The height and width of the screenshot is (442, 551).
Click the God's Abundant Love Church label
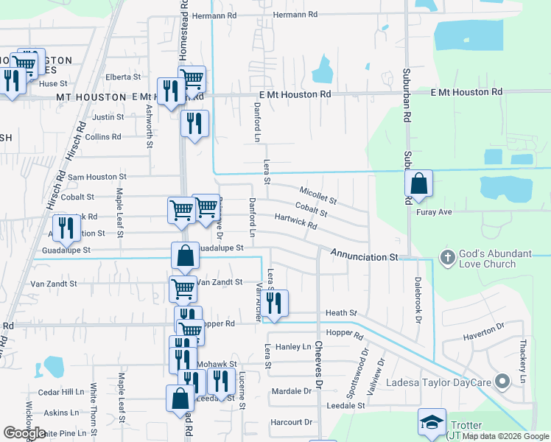(496, 259)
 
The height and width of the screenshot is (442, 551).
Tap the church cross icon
(446, 258)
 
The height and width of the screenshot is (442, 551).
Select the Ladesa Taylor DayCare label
(441, 382)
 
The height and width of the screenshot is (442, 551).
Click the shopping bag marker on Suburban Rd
(418, 184)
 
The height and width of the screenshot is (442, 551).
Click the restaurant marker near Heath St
(274, 303)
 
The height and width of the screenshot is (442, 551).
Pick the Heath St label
(341, 313)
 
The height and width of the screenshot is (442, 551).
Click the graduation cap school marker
(432, 422)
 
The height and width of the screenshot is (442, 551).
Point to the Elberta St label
(123, 77)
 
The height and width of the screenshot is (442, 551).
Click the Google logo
(24, 432)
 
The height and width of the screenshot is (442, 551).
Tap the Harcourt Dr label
(291, 422)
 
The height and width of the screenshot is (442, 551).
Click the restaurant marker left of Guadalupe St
(66, 228)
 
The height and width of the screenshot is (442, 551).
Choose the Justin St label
(108, 117)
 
